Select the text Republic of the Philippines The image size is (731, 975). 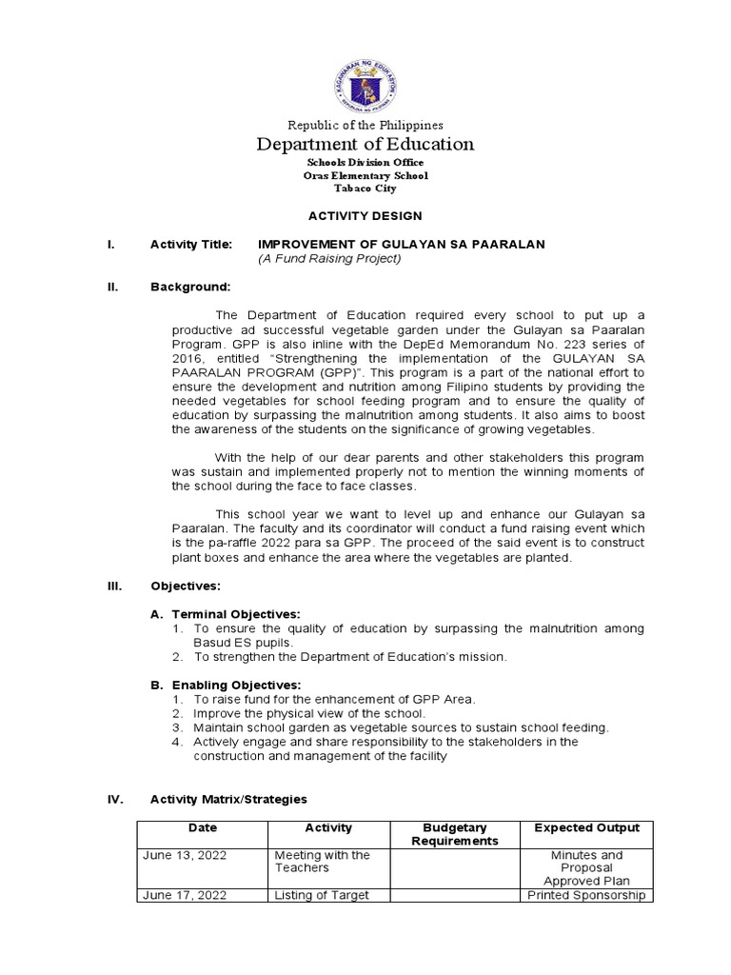pos(365,125)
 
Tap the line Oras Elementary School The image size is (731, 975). pos(365,175)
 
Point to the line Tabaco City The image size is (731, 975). pos(365,189)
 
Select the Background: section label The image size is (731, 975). pos(190,287)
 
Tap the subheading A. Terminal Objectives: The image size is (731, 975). pos(227,614)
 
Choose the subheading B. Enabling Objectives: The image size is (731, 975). pos(227,685)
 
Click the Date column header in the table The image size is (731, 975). pos(203,828)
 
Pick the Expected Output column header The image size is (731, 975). pos(587,828)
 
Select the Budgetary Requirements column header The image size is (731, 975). pos(455,834)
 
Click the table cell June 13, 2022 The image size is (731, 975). pos(185,855)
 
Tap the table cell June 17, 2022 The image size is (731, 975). pos(185,895)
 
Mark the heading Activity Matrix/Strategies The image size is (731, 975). pos(228,799)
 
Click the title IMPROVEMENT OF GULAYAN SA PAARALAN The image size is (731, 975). pos(402,245)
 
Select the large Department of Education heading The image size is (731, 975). pos(365,145)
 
